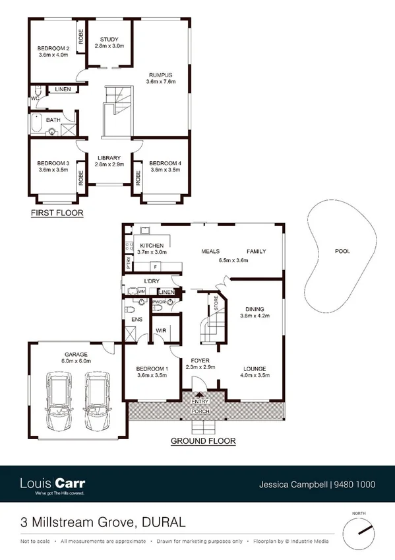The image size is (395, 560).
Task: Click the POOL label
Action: click(342, 252)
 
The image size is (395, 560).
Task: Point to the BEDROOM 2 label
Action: click(53, 49)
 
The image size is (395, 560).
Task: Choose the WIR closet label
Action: click(161, 330)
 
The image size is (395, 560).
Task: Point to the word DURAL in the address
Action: click(162, 522)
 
